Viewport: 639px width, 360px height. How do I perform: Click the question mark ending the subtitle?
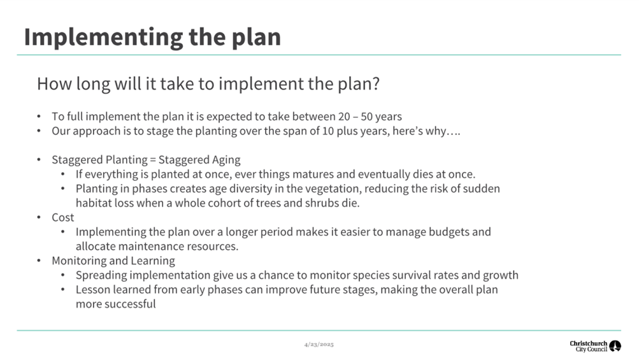coord(376,83)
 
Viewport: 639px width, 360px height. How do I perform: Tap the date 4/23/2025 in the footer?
coord(319,345)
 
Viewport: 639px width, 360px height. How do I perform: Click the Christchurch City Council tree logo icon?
coord(615,346)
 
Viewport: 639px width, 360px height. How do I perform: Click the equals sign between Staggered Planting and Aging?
coord(153,160)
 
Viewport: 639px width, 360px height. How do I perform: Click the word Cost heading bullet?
coord(63,218)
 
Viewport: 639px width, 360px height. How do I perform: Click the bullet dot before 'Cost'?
coord(39,218)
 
